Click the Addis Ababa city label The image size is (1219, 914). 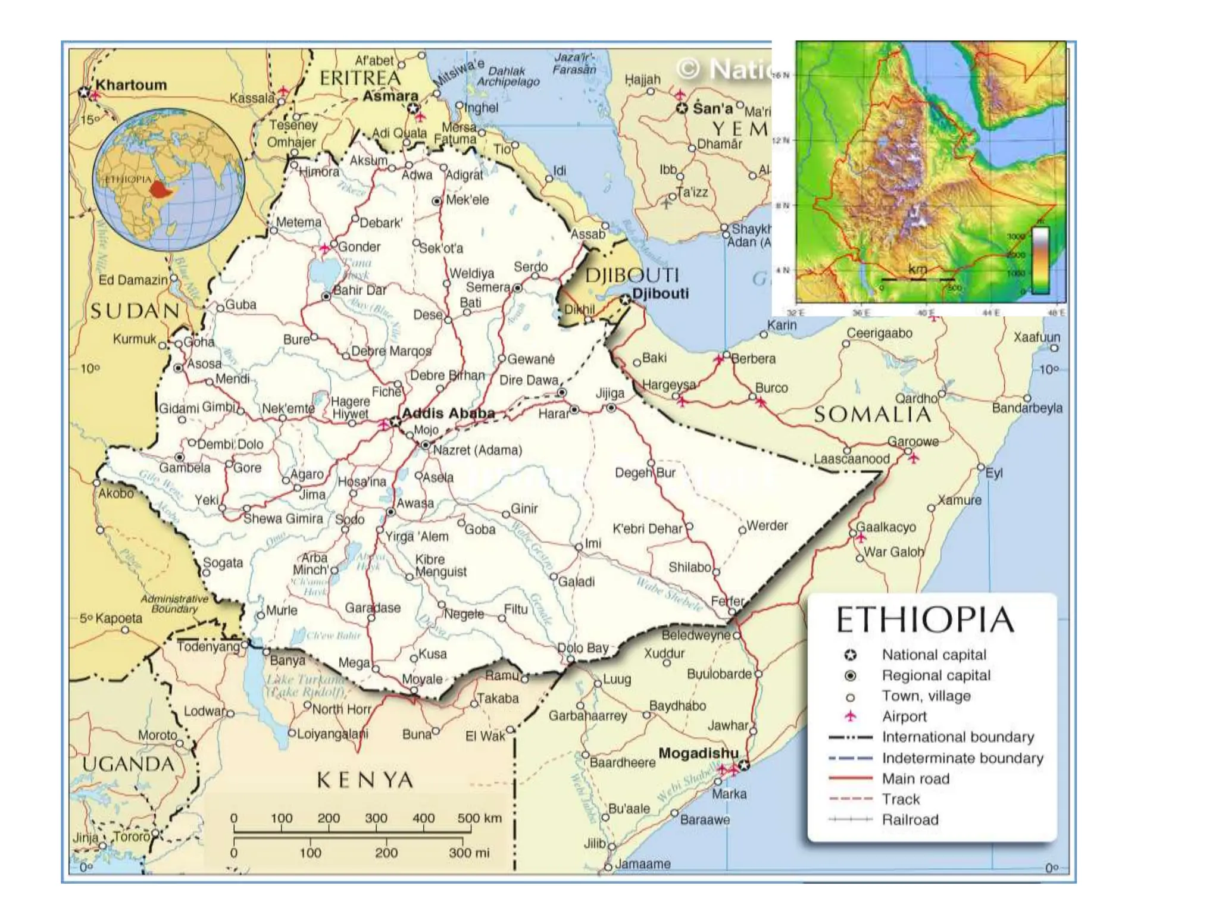point(448,413)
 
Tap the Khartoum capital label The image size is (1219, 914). point(131,85)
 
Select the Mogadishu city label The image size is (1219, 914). point(698,753)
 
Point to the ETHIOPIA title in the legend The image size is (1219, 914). point(925,620)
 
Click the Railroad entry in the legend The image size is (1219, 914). point(909,820)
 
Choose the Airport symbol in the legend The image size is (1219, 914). point(851,716)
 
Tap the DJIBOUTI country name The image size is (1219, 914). point(632,276)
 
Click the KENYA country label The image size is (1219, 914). point(365,780)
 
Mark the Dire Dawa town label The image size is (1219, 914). point(529,380)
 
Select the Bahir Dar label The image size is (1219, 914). point(359,290)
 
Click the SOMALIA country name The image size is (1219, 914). point(872,415)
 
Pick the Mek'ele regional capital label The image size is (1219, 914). point(467,200)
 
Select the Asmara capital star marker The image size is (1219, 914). point(413,109)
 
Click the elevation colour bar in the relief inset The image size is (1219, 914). point(1040,261)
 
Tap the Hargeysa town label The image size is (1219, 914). point(668,385)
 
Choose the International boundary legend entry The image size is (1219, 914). point(957,737)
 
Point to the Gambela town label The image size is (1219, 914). point(185,468)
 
